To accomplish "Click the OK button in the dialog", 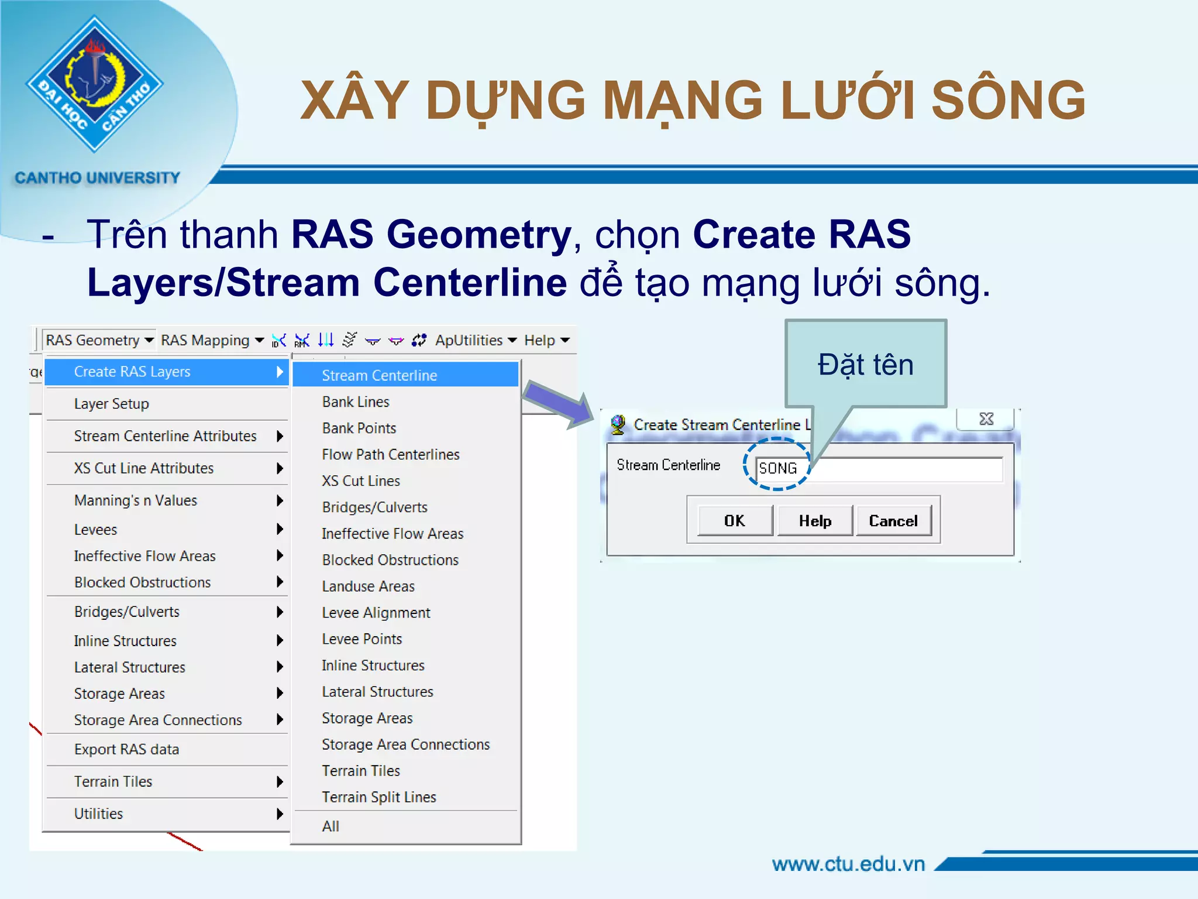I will (x=735, y=521).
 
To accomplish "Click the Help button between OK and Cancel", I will (x=815, y=521).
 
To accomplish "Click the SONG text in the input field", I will (x=777, y=468).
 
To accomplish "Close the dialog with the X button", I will (x=986, y=419).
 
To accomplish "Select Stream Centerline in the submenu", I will (x=379, y=375).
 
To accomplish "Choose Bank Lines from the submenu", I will (x=355, y=402).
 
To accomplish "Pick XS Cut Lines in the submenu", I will (x=360, y=481).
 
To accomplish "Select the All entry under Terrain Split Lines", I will (x=331, y=826).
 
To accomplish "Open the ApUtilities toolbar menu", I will (x=475, y=340).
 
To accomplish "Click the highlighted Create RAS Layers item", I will (x=132, y=372).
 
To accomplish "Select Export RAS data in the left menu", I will (x=126, y=749).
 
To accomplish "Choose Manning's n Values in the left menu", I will (x=135, y=500).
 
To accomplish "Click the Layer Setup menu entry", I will (x=111, y=404).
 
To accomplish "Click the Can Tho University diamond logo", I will (x=95, y=84).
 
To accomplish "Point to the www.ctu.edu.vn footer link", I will (x=848, y=864).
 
